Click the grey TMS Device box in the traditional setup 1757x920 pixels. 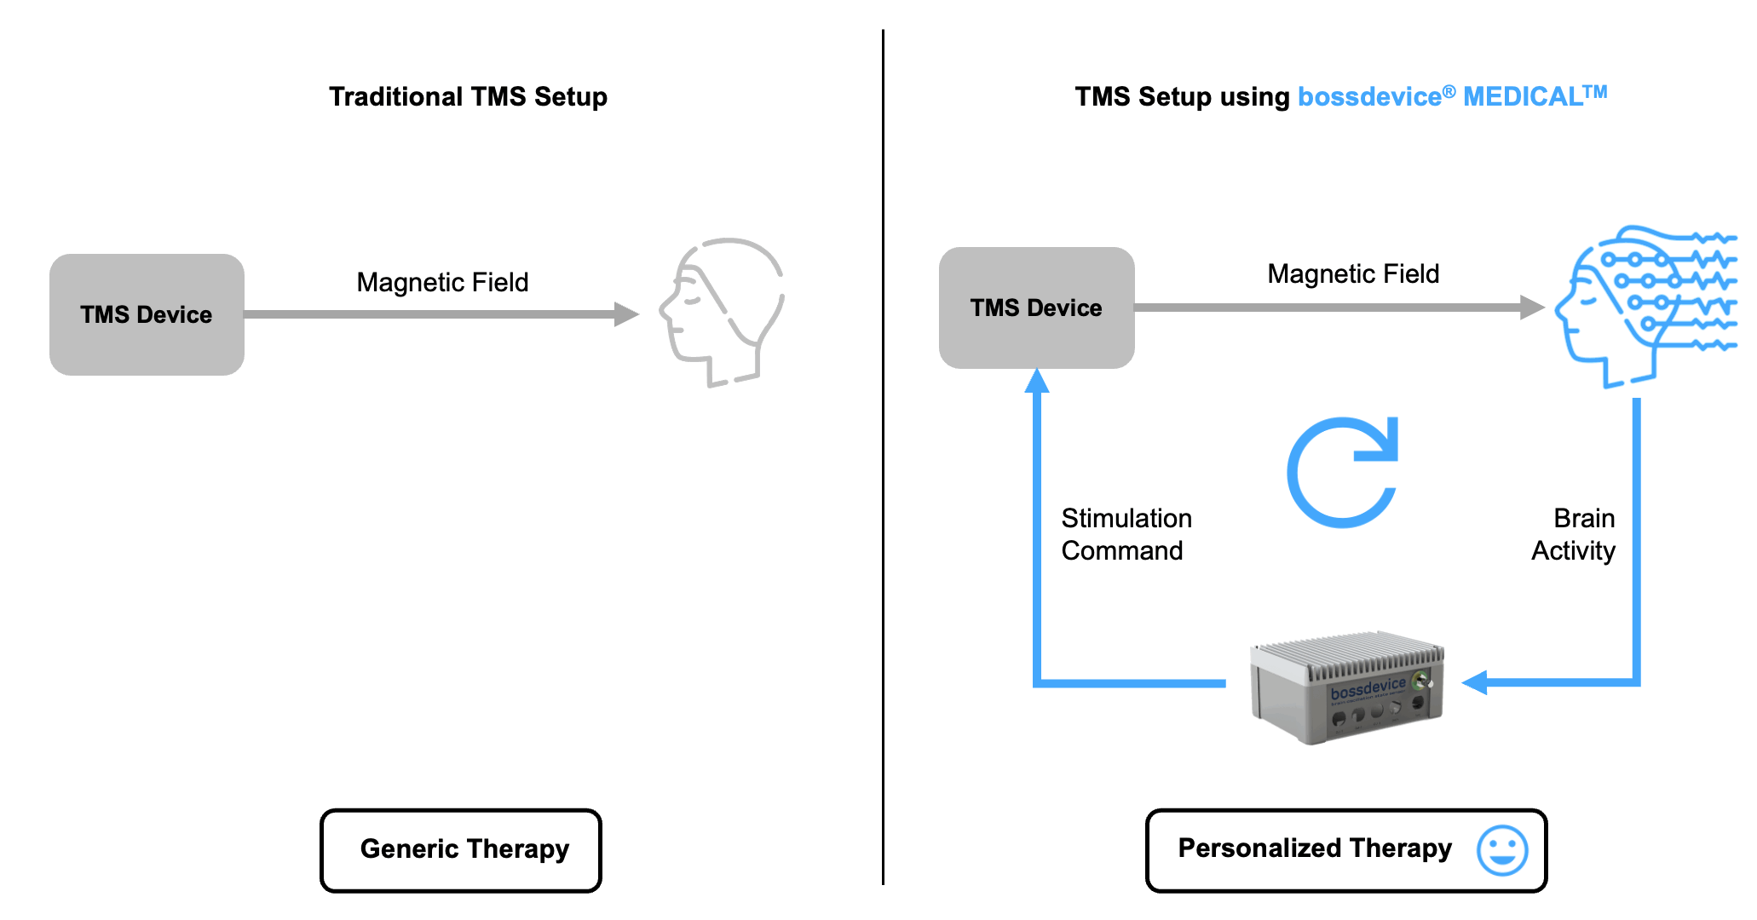pyautogui.click(x=147, y=314)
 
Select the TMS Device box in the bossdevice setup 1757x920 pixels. pyautogui.click(x=1036, y=308)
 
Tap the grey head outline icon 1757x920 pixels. pyautogui.click(x=722, y=312)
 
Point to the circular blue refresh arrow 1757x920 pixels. pyautogui.click(x=1343, y=472)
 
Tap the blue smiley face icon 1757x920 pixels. pyautogui.click(x=1502, y=849)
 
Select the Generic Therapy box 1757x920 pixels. pyautogui.click(x=461, y=850)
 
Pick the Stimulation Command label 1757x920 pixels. pyautogui.click(x=1126, y=534)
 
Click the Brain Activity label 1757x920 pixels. pyautogui.click(x=1575, y=534)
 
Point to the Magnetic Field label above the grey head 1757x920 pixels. pyautogui.click(x=442, y=282)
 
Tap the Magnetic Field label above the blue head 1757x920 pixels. pyautogui.click(x=1353, y=273)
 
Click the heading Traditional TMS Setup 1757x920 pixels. pyautogui.click(x=468, y=96)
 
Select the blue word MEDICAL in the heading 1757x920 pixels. pyautogui.click(x=1522, y=96)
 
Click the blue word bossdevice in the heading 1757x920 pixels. pyautogui.click(x=1369, y=97)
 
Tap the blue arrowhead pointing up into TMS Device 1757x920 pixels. pyautogui.click(x=1037, y=381)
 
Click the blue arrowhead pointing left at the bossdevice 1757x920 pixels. pyautogui.click(x=1475, y=682)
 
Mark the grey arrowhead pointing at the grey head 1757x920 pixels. pyautogui.click(x=626, y=314)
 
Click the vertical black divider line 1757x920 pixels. pyautogui.click(x=883, y=460)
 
